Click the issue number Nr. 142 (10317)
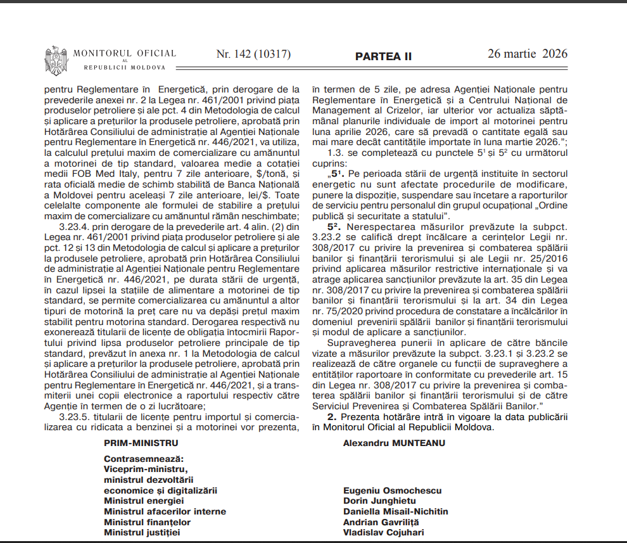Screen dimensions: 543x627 click(x=253, y=54)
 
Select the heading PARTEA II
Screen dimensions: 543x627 click(x=383, y=56)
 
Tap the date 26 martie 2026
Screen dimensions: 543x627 click(x=528, y=54)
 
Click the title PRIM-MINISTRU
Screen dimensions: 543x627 click(x=141, y=443)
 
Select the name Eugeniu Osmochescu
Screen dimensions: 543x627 click(x=392, y=490)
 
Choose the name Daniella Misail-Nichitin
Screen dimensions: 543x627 click(x=395, y=511)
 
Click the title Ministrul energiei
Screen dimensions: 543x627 click(x=144, y=501)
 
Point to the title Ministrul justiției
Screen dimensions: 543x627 click(x=142, y=532)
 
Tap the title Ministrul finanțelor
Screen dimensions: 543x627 click(x=147, y=522)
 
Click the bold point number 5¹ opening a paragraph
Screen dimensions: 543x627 click(x=336, y=173)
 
